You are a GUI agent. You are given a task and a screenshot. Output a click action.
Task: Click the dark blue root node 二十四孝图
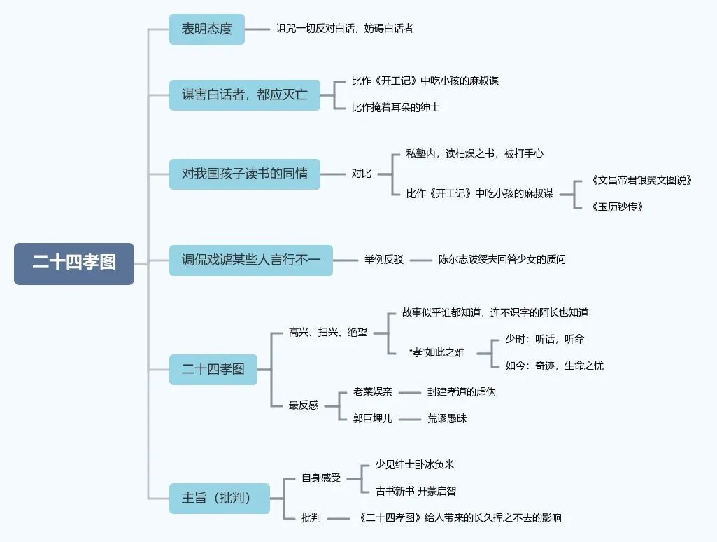(73, 263)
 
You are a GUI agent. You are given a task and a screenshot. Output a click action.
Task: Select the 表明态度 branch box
(207, 29)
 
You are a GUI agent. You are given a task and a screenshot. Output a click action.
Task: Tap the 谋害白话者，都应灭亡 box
(244, 95)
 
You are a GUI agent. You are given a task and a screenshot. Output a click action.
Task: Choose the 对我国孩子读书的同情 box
(244, 174)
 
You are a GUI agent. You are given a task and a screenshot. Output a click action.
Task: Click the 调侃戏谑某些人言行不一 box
(250, 260)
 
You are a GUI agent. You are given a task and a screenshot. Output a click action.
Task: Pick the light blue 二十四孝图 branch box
(213, 369)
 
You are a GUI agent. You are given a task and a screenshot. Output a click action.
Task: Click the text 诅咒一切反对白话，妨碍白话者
(345, 29)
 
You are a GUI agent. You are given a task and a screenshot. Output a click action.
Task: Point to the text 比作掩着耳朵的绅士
(395, 108)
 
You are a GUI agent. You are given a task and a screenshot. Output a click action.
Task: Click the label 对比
(361, 174)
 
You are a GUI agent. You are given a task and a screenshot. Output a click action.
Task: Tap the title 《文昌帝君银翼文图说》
(641, 180)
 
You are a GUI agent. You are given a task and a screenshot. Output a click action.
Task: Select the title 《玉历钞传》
(616, 207)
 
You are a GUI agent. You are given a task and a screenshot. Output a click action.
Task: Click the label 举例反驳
(383, 260)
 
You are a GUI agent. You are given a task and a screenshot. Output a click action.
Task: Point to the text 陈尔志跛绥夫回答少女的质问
(502, 260)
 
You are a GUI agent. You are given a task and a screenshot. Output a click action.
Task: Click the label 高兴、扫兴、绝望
(327, 332)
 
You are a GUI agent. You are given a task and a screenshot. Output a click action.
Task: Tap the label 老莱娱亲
(372, 392)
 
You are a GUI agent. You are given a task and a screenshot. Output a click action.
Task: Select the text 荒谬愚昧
(447, 418)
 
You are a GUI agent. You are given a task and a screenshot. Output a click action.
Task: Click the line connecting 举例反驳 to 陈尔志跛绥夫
(420, 260)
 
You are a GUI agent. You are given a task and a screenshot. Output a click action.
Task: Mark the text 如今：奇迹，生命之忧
(554, 366)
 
